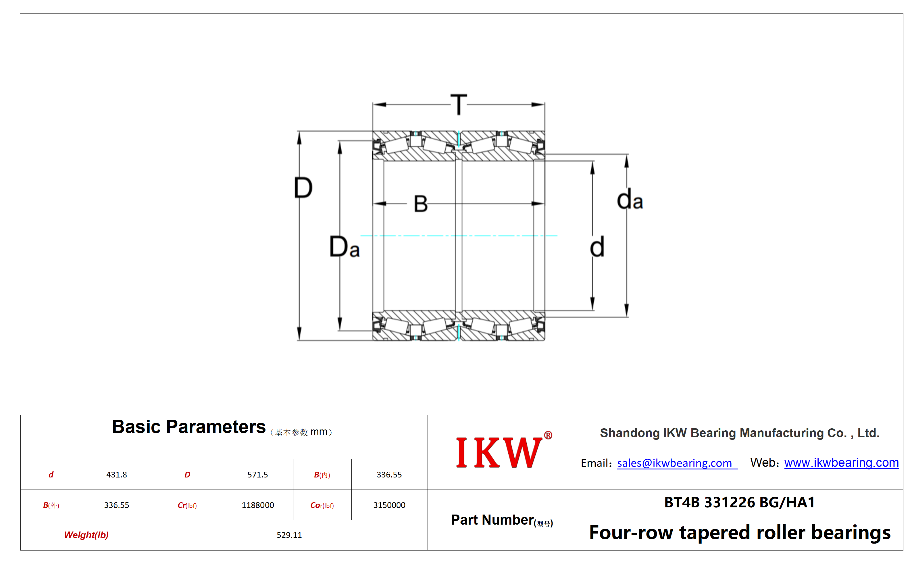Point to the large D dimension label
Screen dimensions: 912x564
303,188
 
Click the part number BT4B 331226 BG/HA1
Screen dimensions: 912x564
739,502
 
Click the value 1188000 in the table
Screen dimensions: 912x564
258,505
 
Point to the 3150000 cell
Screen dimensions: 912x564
389,505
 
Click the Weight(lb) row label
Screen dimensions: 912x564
86,535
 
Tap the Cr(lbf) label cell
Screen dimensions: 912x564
187,505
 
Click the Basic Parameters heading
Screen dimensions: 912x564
189,426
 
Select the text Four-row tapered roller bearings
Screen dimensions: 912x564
740,532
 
